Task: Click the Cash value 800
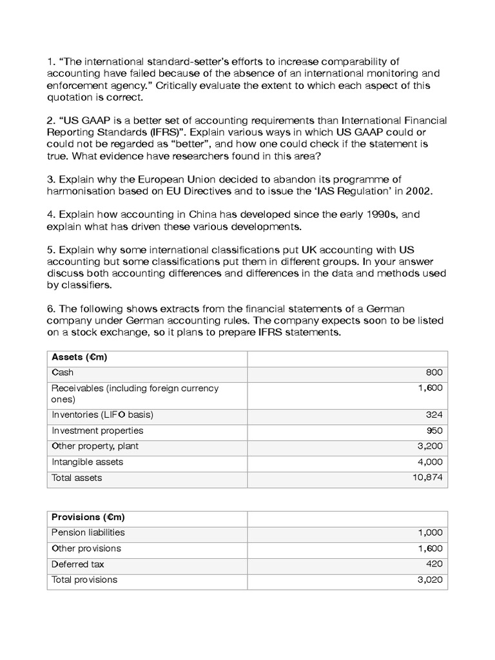434,373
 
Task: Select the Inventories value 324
434,414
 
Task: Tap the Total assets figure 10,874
429,478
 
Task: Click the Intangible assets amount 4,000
430,461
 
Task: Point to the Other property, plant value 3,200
430,446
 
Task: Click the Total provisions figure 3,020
430,579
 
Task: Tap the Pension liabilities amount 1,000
430,532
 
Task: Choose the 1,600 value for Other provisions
430,548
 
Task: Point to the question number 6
52,309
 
